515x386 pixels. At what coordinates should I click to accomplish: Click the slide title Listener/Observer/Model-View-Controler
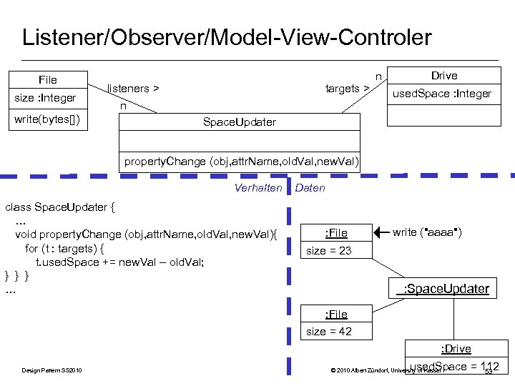click(227, 37)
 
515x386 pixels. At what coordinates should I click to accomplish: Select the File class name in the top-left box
click(47, 79)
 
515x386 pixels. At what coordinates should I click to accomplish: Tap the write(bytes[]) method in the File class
click(46, 119)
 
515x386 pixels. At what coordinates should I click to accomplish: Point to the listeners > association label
click(133, 89)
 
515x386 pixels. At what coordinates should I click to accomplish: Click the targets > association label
click(347, 89)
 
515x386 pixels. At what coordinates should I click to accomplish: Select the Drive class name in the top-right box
click(443, 76)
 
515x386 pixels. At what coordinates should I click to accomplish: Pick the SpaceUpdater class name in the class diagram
click(239, 122)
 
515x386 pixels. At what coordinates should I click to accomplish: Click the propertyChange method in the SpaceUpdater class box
click(241, 161)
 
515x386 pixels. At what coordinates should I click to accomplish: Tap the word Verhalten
click(258, 188)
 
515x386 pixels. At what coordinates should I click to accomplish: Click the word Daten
click(310, 188)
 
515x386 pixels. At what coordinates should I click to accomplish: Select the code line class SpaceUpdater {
click(60, 208)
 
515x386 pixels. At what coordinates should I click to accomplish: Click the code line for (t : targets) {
click(64, 248)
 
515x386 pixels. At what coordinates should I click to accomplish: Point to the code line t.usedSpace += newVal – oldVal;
click(119, 262)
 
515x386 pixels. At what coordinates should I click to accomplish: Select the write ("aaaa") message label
click(427, 232)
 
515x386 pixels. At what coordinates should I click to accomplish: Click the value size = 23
click(328, 251)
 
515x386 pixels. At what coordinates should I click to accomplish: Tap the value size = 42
click(328, 332)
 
